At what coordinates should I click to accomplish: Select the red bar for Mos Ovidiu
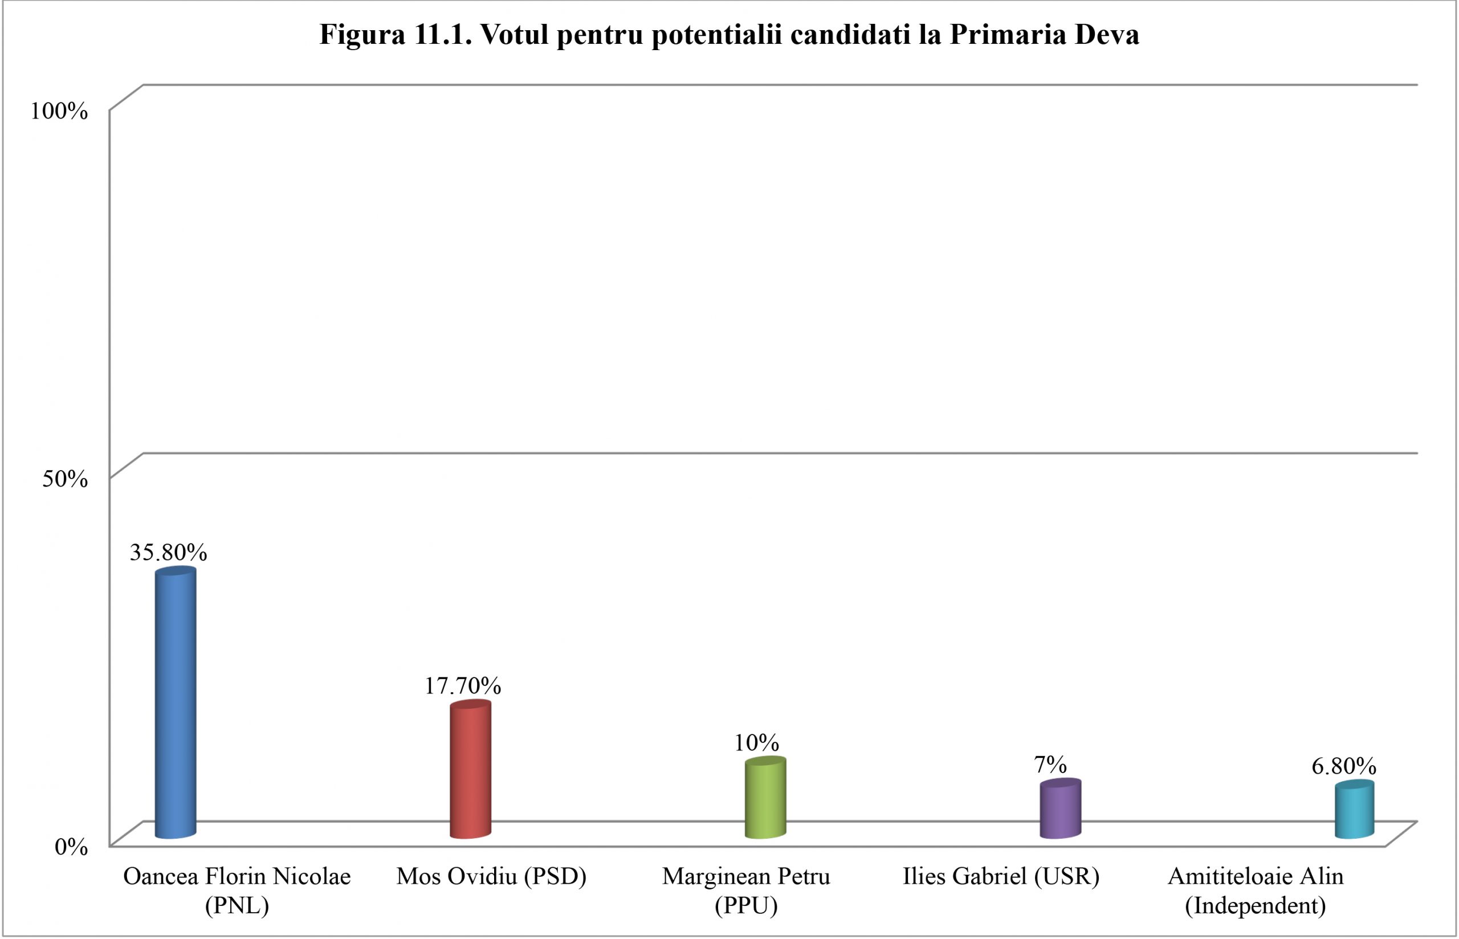click(470, 771)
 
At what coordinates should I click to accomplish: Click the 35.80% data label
click(168, 553)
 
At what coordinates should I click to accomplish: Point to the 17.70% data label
click(463, 686)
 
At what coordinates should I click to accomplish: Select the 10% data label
click(757, 742)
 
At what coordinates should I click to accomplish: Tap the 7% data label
click(1050, 765)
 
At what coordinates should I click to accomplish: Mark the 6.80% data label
click(1344, 766)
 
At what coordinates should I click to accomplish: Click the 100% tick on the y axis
click(59, 111)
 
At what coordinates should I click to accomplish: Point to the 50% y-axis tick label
click(64, 479)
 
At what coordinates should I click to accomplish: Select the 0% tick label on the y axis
click(71, 846)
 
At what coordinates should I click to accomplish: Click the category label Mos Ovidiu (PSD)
click(491, 877)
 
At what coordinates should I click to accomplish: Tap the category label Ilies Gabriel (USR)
click(1001, 877)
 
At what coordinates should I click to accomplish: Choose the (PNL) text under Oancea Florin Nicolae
click(237, 906)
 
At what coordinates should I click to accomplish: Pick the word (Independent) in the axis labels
click(1256, 906)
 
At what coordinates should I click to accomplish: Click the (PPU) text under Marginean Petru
click(746, 906)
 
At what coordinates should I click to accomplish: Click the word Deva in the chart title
click(1107, 35)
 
